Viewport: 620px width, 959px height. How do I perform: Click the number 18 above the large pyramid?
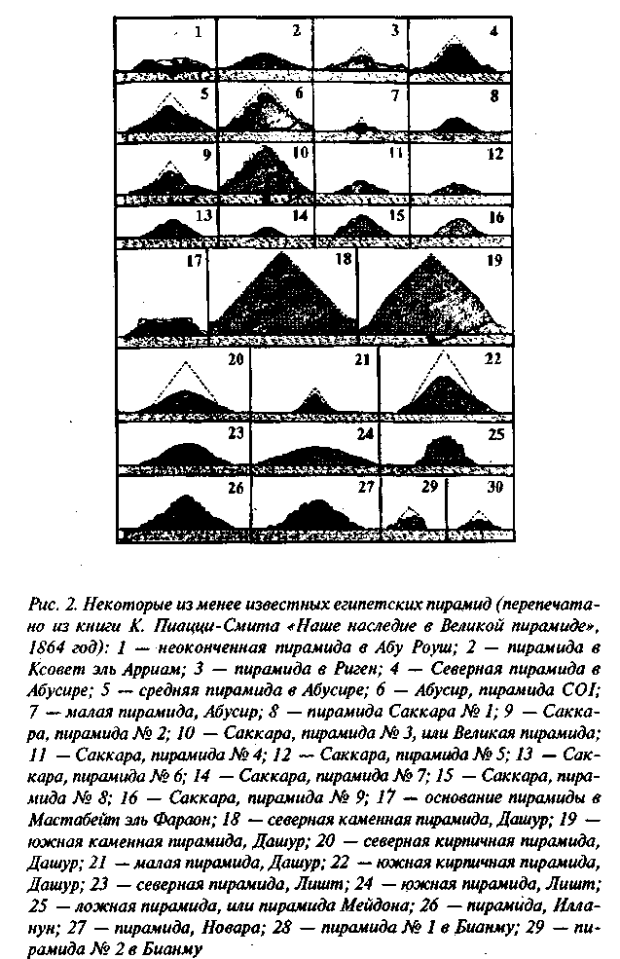pyautogui.click(x=342, y=262)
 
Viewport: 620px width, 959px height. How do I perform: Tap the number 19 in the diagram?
pyautogui.click(x=494, y=261)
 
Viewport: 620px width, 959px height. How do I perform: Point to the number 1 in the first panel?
pyautogui.click(x=199, y=31)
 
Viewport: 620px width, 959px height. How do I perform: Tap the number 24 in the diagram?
pyautogui.click(x=365, y=432)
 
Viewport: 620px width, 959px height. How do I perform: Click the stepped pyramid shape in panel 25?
pyautogui.click(x=444, y=455)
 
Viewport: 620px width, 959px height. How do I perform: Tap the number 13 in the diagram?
pyautogui.click(x=203, y=216)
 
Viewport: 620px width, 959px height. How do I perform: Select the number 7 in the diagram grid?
pyautogui.click(x=394, y=95)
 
